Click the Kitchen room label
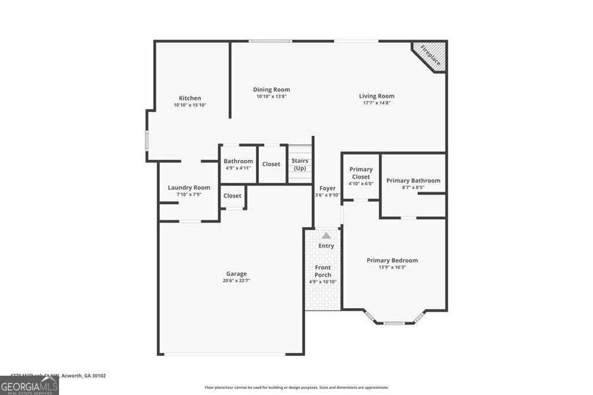(190, 98)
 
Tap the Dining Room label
(271, 90)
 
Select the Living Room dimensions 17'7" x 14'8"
(376, 103)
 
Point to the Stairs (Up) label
(299, 164)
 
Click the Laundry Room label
(189, 187)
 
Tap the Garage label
(236, 274)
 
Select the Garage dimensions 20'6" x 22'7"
(236, 280)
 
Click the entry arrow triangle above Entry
(326, 235)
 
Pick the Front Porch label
(323, 271)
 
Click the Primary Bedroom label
(392, 260)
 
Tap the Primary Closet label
(361, 173)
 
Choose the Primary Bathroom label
(413, 180)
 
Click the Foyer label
(327, 188)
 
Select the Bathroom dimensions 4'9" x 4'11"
(238, 168)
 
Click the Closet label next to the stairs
(271, 164)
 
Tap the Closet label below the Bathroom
(232, 195)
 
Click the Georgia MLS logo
(29, 385)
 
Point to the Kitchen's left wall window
(147, 141)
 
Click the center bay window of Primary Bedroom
(394, 323)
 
